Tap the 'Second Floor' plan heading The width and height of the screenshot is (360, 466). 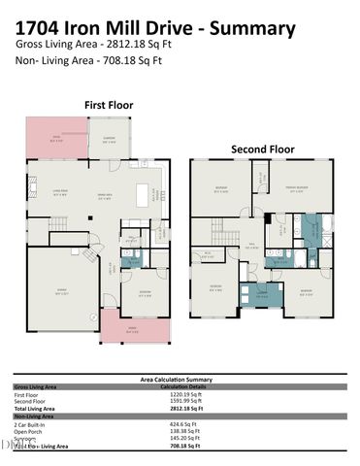(262, 150)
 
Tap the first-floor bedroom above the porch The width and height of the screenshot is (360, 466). (145, 292)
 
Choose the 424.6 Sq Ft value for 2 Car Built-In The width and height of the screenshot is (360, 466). (184, 424)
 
